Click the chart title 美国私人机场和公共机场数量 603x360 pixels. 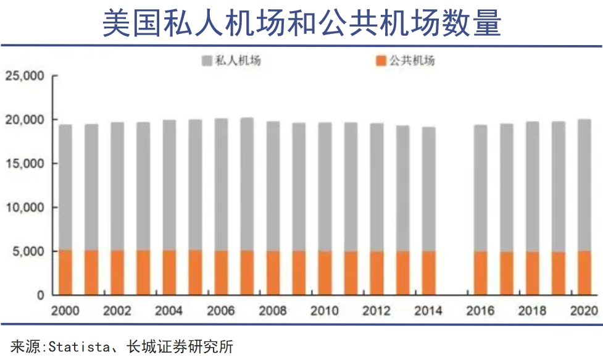[x=301, y=23]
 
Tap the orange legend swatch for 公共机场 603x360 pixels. [x=380, y=61]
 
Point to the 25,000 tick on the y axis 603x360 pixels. [x=24, y=76]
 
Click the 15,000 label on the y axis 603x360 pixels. [x=24, y=164]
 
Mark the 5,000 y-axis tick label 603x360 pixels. [x=28, y=251]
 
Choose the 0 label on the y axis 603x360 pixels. [x=40, y=295]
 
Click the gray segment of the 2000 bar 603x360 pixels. [x=65, y=185]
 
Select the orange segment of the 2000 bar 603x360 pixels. [x=65, y=272]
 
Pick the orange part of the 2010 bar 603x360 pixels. [x=325, y=273]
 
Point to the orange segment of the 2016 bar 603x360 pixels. [x=480, y=273]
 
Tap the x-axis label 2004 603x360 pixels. [x=168, y=311]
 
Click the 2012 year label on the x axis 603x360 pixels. [x=376, y=311]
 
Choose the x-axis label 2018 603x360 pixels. [x=532, y=311]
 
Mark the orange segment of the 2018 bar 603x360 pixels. [x=532, y=274]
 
